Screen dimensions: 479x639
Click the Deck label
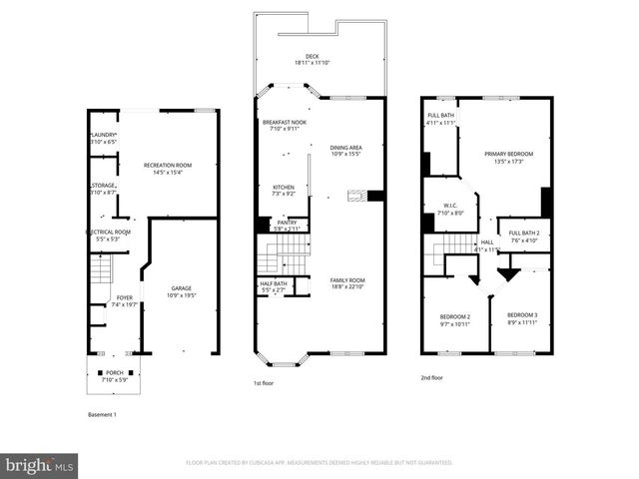320,60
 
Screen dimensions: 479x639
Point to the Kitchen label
285,190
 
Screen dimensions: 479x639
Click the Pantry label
287,226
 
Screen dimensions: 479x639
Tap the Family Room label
347,283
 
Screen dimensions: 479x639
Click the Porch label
115,376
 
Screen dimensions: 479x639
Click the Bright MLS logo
40,465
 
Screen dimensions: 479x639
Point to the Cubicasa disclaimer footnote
319,463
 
